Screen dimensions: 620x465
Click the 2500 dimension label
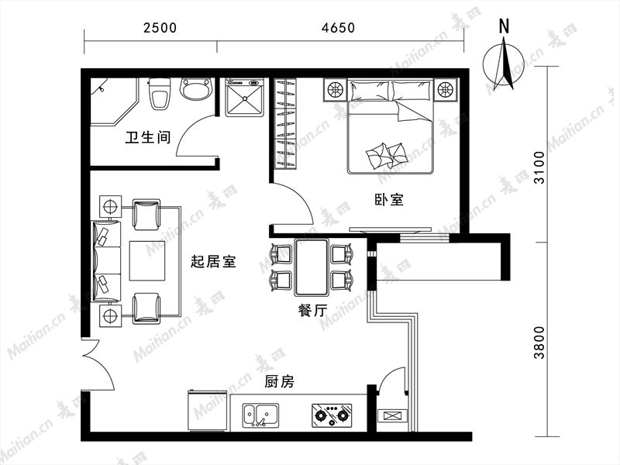[160, 28]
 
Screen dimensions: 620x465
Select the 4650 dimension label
[339, 28]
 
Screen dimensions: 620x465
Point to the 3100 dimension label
[539, 167]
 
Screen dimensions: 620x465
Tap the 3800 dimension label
[539, 343]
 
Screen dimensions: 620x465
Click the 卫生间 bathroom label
[148, 138]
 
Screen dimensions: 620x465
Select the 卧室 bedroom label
[390, 200]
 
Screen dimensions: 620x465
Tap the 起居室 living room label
[213, 261]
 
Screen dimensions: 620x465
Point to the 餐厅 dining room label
[313, 311]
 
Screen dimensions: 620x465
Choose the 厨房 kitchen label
[280, 382]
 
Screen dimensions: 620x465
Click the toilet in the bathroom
[160, 94]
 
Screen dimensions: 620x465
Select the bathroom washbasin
[196, 89]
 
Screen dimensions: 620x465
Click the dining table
[312, 267]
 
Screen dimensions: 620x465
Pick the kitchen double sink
[260, 415]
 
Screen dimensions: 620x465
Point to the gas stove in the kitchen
[332, 415]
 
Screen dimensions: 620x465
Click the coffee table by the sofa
[146, 261]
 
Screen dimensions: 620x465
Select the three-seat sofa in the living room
[107, 262]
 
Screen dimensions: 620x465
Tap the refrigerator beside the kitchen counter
[208, 412]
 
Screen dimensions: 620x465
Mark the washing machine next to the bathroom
[244, 98]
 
